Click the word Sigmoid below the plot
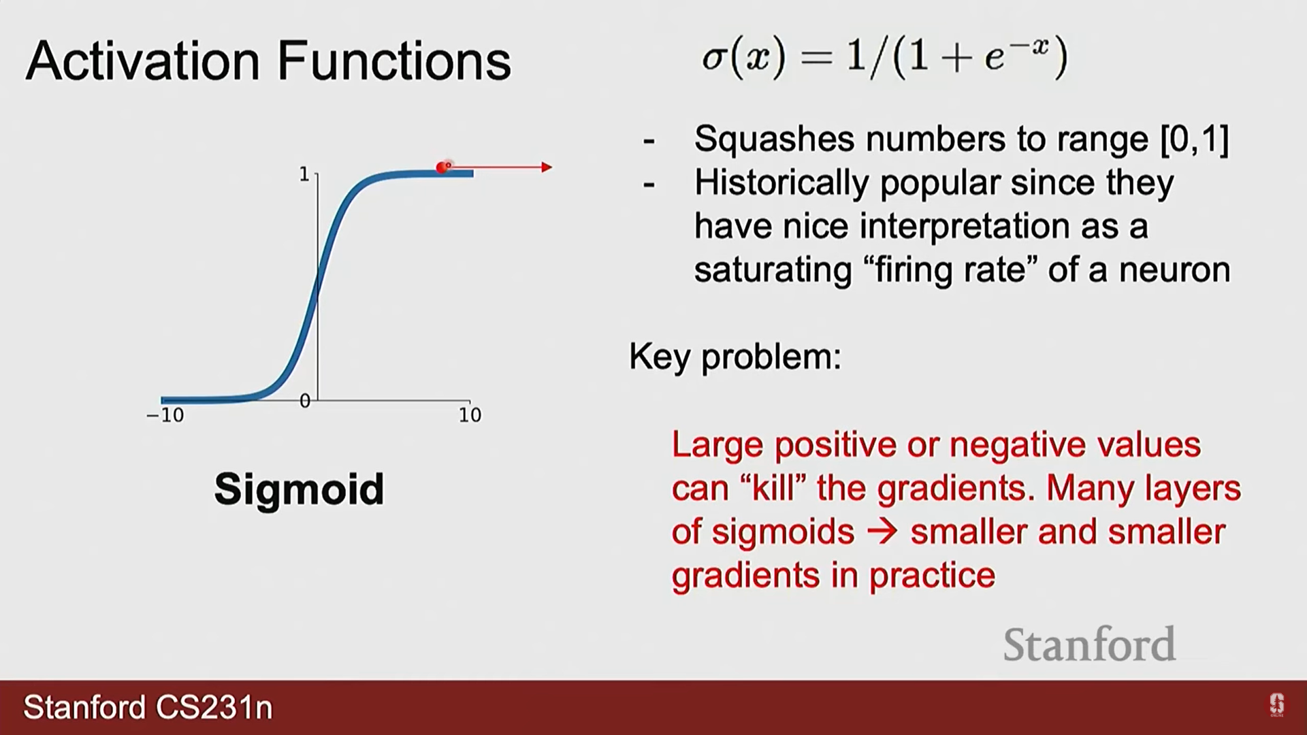tap(299, 490)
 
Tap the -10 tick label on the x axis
tap(165, 415)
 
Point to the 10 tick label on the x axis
tap(470, 415)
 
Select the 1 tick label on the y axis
tap(304, 174)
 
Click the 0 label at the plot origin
tap(305, 401)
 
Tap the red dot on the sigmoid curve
tap(442, 167)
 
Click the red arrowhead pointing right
tap(547, 167)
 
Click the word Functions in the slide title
tap(394, 61)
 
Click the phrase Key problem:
tap(735, 356)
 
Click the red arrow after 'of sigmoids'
tap(883, 532)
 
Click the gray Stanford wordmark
tap(1089, 644)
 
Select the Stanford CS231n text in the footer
tap(148, 708)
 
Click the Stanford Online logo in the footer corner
tap(1276, 705)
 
